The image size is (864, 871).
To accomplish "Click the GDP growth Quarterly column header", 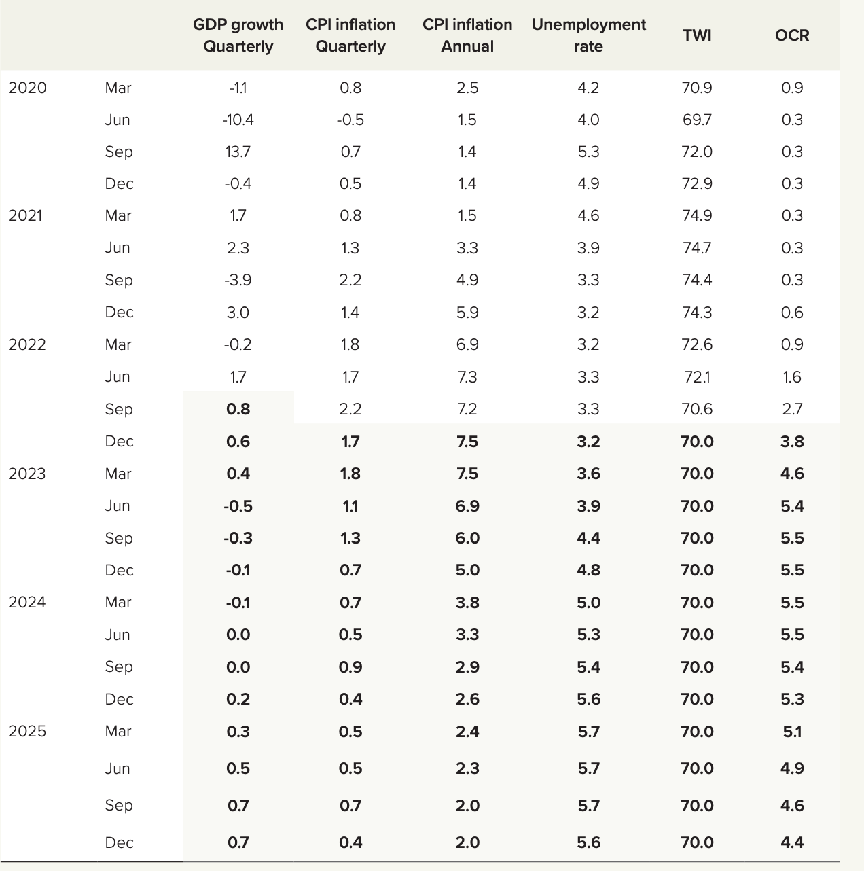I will pyautogui.click(x=238, y=35).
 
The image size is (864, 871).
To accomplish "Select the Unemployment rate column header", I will pyautogui.click(x=588, y=35).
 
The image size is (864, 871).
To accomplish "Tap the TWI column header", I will pyautogui.click(x=697, y=35).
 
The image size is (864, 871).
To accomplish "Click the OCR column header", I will pyautogui.click(x=792, y=35).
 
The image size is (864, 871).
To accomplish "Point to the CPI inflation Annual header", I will pyautogui.click(x=467, y=35).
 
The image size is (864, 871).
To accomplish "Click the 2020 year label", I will pyautogui.click(x=27, y=88).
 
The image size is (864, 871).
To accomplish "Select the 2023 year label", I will pyautogui.click(x=27, y=474).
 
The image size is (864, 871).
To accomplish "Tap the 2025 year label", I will pyautogui.click(x=27, y=731).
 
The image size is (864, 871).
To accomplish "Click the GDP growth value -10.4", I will pyautogui.click(x=238, y=120).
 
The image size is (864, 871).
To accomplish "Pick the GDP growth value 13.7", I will pyautogui.click(x=238, y=152).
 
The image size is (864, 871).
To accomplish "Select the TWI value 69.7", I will pyautogui.click(x=697, y=120).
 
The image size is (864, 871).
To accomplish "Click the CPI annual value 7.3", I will pyautogui.click(x=467, y=377).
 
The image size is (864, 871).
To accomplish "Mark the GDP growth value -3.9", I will pyautogui.click(x=238, y=280).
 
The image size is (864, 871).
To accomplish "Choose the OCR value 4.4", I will pyautogui.click(x=792, y=842).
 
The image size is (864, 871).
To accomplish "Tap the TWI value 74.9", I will pyautogui.click(x=697, y=215).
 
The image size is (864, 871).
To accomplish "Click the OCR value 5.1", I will pyautogui.click(x=792, y=732).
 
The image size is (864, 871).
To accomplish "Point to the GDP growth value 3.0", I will pyautogui.click(x=238, y=313).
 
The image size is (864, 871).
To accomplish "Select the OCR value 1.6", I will pyautogui.click(x=792, y=377).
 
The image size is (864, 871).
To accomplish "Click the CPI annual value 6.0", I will pyautogui.click(x=467, y=538).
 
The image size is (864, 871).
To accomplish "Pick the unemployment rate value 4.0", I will pyautogui.click(x=588, y=120).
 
